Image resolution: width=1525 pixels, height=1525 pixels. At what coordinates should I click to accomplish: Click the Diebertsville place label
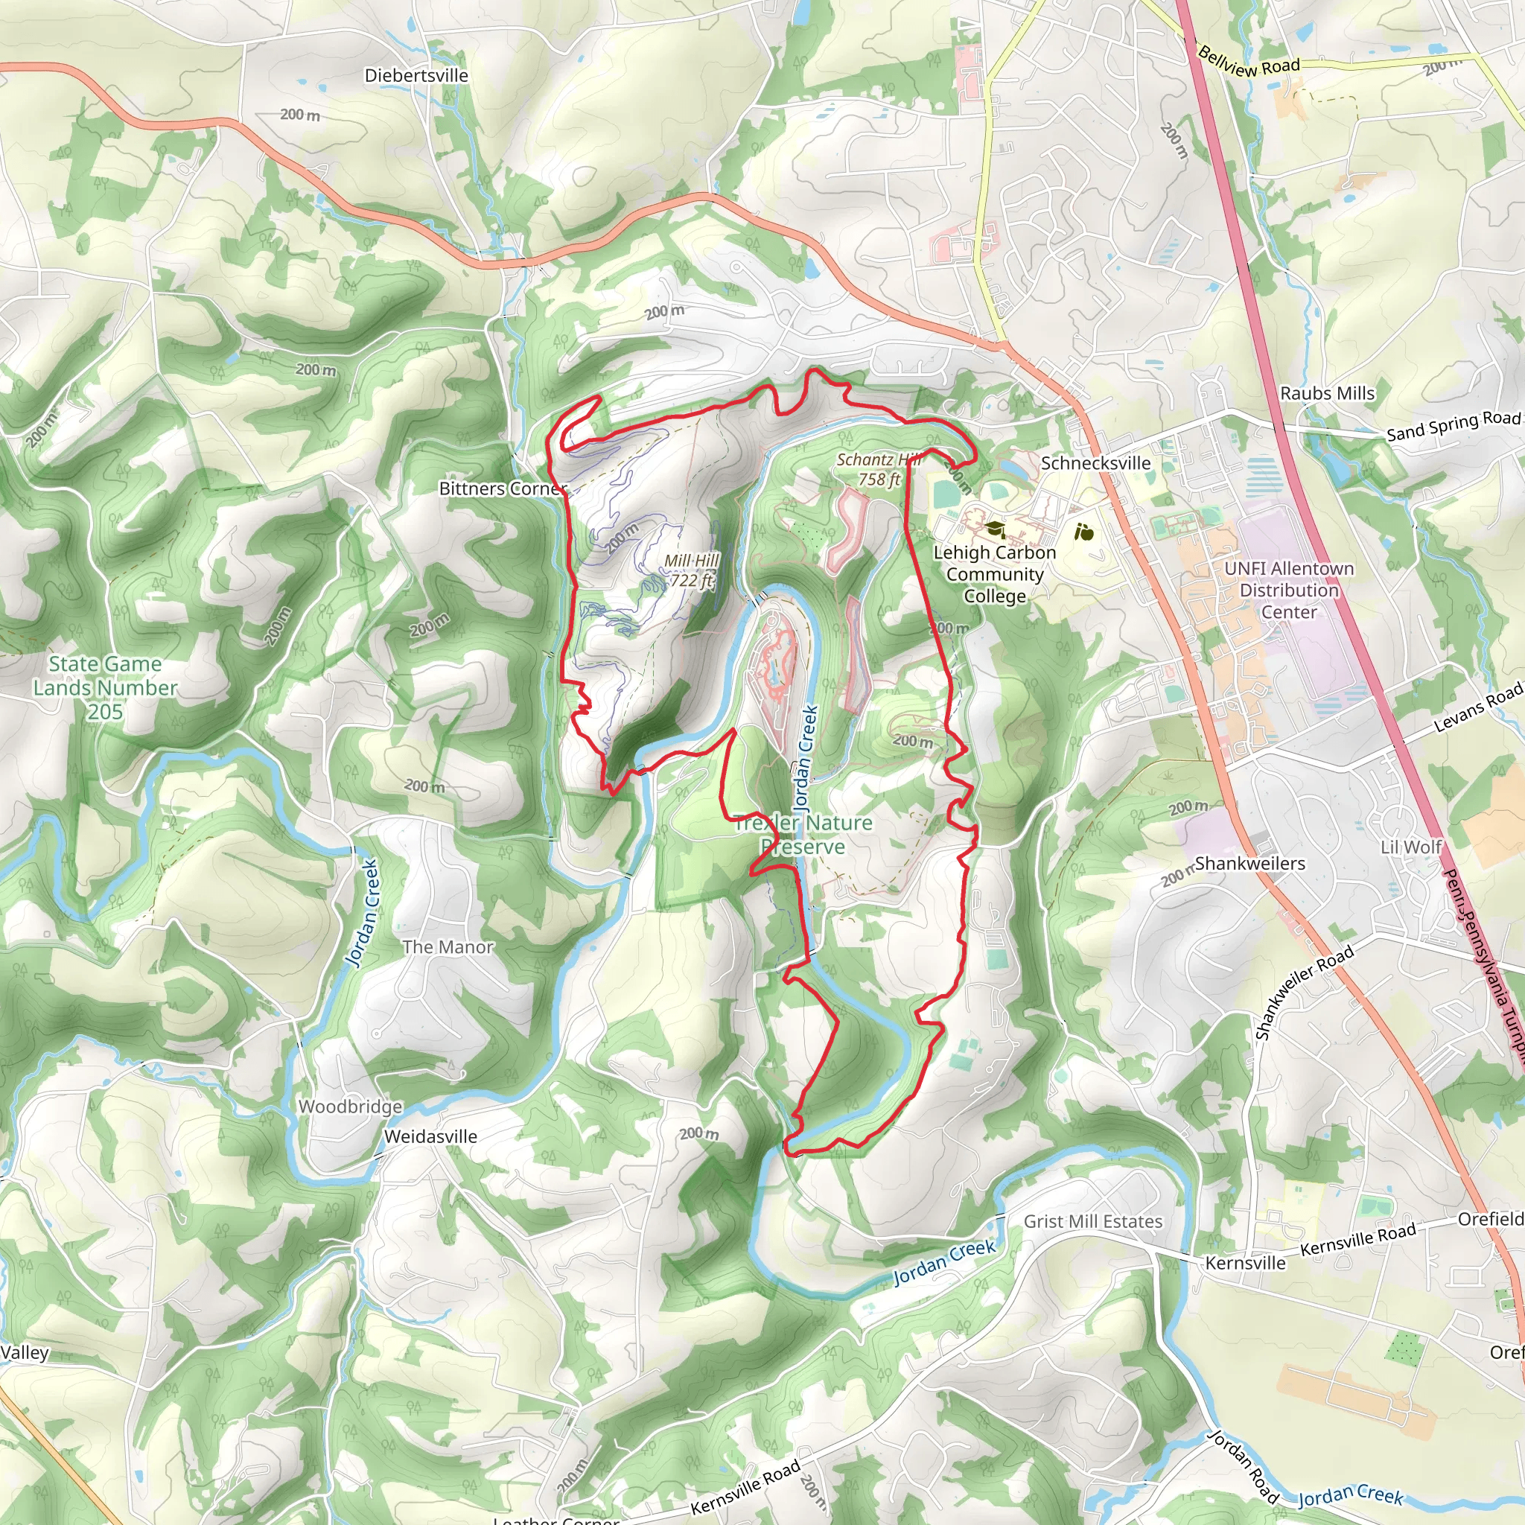tap(416, 76)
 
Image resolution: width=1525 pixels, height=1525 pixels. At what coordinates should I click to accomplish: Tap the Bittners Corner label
tap(503, 488)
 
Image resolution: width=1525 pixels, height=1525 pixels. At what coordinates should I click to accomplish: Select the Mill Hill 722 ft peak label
tap(692, 570)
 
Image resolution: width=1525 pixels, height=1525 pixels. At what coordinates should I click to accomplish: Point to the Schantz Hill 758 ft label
tap(878, 470)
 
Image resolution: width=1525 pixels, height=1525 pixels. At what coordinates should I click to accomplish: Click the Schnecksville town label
tap(1095, 463)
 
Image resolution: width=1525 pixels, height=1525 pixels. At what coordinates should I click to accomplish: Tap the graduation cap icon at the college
tap(995, 528)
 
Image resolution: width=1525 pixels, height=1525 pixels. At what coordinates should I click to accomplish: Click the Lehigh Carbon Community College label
tap(995, 575)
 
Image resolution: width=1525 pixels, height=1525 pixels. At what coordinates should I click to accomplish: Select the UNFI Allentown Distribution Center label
tap(1288, 590)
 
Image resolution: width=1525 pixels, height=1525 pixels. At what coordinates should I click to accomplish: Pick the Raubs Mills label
tap(1327, 393)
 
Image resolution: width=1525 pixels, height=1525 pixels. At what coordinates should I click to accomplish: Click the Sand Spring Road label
tap(1452, 426)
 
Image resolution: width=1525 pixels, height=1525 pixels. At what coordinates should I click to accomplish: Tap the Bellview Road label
tap(1248, 63)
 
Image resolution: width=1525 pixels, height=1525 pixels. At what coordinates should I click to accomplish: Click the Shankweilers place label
tap(1249, 864)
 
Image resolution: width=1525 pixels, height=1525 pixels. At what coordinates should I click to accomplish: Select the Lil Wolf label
tap(1410, 847)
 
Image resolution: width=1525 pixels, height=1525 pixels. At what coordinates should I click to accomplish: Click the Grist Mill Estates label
tap(1092, 1222)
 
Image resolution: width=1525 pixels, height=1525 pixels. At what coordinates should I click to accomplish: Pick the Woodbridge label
tap(350, 1107)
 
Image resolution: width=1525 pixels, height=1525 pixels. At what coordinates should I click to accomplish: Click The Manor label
tap(448, 947)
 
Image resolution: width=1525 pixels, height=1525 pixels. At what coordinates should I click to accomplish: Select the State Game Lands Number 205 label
tap(105, 687)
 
